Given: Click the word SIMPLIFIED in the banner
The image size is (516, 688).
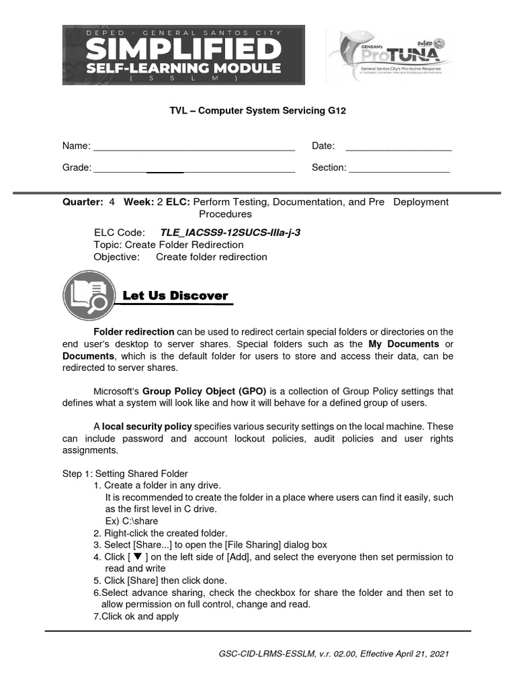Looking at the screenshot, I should (x=183, y=49).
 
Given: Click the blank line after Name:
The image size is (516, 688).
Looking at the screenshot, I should (x=194, y=147).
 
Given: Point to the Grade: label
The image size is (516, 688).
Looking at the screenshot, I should (x=77, y=168).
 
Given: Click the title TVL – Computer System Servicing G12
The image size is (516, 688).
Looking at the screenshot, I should (x=257, y=110).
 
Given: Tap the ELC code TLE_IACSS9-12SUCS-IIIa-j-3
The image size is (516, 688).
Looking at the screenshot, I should (x=230, y=232).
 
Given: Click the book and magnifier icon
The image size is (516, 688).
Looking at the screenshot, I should (x=89, y=297).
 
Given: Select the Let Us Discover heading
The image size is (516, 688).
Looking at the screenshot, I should (x=175, y=296).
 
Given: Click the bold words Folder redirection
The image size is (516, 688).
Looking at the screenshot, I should (x=134, y=332).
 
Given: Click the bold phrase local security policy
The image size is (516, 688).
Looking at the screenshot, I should (x=146, y=427).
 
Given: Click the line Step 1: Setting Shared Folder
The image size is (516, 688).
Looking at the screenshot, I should (x=125, y=474).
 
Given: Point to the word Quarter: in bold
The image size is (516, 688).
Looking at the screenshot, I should (x=83, y=202).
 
